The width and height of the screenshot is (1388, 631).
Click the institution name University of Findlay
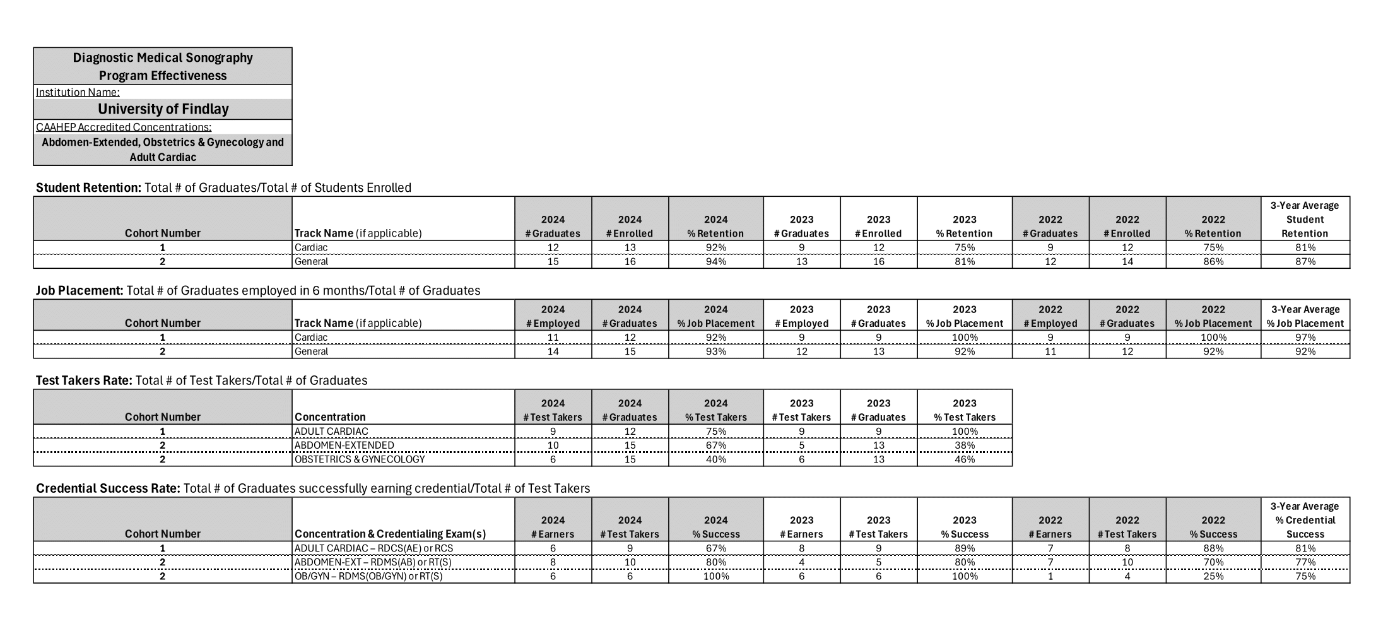[x=163, y=109]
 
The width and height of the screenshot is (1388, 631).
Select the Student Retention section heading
[x=88, y=187]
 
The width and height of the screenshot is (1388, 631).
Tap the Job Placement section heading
[x=79, y=290]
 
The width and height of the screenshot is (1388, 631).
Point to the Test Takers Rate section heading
[x=84, y=380]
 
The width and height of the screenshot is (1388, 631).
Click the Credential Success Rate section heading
[x=108, y=488]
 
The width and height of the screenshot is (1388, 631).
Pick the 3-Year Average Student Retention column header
[x=1305, y=219]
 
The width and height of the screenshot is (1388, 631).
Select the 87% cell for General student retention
[x=1305, y=261]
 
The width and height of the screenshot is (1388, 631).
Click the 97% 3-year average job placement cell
[x=1305, y=338]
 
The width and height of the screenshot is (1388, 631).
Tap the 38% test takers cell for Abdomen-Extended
[x=964, y=445]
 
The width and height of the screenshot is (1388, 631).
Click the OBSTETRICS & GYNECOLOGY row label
[x=360, y=459]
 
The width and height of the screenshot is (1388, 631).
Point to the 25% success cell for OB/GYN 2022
[x=1213, y=576]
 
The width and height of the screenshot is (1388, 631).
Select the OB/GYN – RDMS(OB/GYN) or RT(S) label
[x=368, y=576]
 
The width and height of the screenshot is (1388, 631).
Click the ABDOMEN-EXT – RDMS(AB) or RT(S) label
[x=373, y=562]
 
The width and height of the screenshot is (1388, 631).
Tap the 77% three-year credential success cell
[x=1305, y=562]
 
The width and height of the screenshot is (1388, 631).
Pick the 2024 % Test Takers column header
[x=715, y=410]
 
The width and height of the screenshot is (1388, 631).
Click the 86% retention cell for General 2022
[x=1213, y=261]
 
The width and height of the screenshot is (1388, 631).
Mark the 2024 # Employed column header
[x=553, y=316]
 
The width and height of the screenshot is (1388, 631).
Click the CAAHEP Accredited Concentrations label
[x=124, y=127]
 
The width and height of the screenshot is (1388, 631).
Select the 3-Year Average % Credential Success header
[x=1305, y=520]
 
